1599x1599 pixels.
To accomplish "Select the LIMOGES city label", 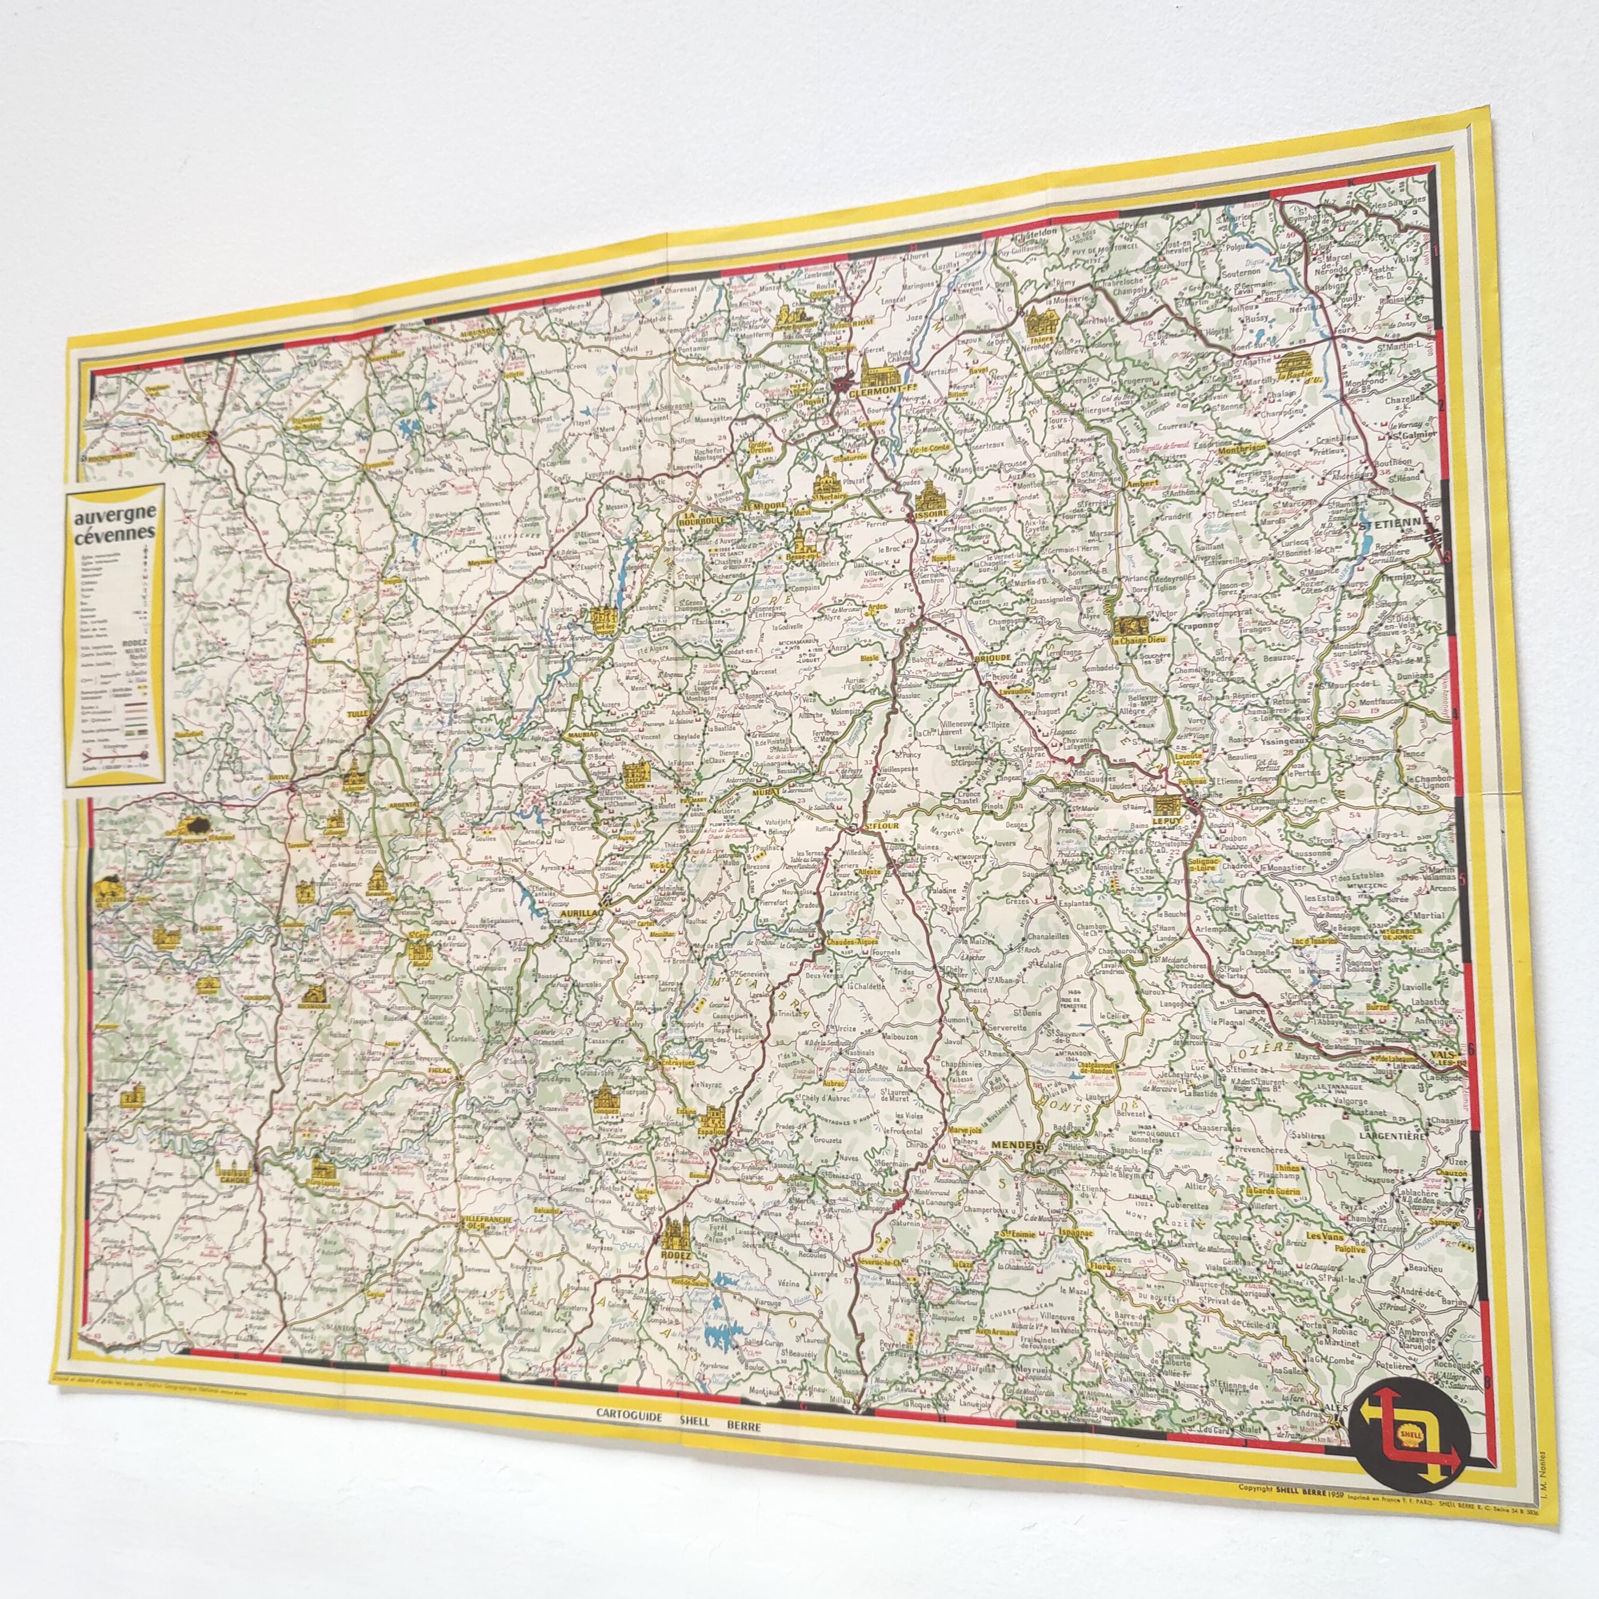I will coord(187,432).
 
